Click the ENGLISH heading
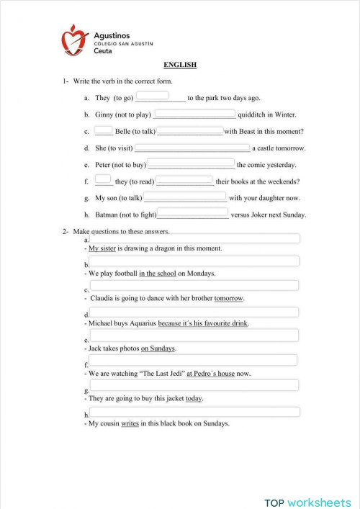click(180, 66)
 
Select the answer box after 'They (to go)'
click(152, 95)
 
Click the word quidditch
click(257, 114)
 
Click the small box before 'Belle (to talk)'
click(103, 129)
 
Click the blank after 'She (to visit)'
click(192, 148)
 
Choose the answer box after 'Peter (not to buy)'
click(191, 163)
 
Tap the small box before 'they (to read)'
click(103, 179)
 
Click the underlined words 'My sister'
click(102, 248)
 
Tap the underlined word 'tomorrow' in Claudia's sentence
click(229, 298)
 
